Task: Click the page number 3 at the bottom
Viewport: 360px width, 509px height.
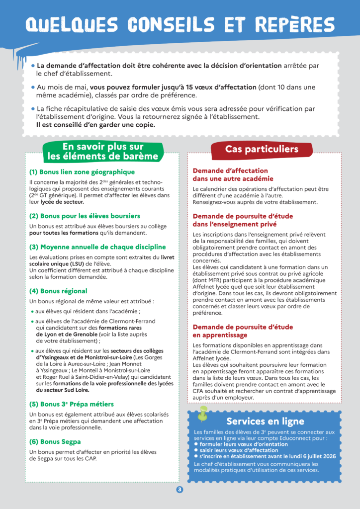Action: pyautogui.click(x=180, y=490)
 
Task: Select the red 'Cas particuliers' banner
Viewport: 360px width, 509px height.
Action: pyautogui.click(x=262, y=149)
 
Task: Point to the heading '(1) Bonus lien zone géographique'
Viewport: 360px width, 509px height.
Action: pyautogui.click(x=82, y=172)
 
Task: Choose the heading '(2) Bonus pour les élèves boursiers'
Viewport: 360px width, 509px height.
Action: pyautogui.click(x=85, y=216)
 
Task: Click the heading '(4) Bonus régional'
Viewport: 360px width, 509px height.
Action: pyautogui.click(x=58, y=291)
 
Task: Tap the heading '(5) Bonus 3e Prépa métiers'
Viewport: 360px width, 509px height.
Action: pyautogui.click(x=72, y=404)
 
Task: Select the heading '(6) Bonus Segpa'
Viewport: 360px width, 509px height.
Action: pyautogui.click(x=55, y=441)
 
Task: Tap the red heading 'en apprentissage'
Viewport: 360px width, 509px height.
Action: pyautogui.click(x=221, y=336)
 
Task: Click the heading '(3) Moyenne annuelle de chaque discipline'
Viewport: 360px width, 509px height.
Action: pyautogui.click(x=97, y=247)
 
